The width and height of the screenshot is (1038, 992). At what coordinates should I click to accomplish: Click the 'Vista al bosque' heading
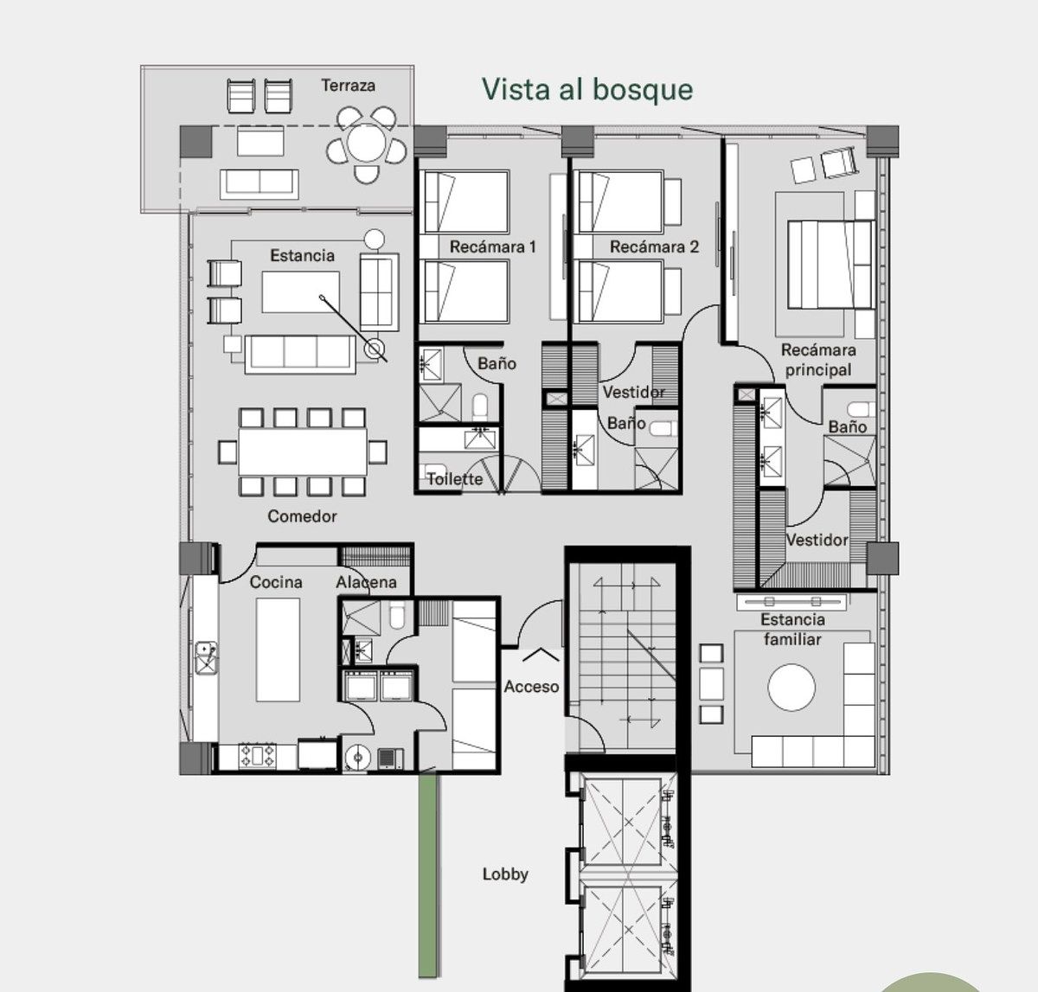(586, 90)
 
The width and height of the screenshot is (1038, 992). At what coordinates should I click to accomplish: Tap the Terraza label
(348, 86)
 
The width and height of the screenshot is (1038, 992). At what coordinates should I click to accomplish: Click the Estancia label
(302, 256)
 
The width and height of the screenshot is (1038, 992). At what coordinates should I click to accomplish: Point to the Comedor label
(302, 516)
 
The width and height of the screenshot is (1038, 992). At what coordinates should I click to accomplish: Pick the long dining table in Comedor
(303, 451)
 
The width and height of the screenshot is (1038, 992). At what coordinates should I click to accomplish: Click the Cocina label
(276, 582)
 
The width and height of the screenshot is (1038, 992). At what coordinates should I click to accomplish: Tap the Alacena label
(366, 582)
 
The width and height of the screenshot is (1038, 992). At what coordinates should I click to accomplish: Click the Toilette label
(454, 478)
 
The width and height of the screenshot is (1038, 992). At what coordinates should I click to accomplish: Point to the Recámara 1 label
(492, 247)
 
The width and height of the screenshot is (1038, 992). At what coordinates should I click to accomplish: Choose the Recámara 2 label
(654, 247)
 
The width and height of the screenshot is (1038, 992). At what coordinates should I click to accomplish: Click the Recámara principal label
(817, 360)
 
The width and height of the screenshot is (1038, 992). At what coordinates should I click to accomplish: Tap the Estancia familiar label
(792, 629)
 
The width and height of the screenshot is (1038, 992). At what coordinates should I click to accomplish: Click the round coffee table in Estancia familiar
(791, 688)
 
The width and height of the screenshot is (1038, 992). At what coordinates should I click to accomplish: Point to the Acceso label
(531, 687)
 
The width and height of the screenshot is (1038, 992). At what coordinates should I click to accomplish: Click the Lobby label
(505, 874)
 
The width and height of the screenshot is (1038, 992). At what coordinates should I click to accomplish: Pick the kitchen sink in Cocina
(207, 656)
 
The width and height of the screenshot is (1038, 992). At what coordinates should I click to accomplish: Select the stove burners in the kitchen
(258, 756)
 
